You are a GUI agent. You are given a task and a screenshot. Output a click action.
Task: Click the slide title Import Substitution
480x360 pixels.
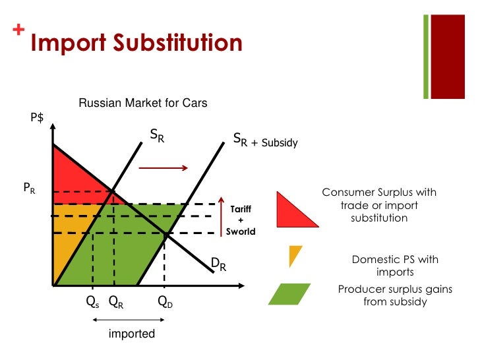pos(136,43)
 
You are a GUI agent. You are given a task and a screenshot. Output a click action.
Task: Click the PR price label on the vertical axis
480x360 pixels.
pos(30,188)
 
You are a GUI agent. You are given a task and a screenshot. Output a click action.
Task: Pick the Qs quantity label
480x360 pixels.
pos(92,303)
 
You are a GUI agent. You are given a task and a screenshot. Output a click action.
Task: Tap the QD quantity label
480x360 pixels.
pos(165,303)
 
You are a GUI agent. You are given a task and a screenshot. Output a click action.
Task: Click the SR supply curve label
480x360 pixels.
pos(157,136)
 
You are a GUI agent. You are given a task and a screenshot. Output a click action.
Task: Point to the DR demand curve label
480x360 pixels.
pos(218,265)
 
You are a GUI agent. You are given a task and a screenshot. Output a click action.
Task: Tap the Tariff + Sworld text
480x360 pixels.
pos(240,220)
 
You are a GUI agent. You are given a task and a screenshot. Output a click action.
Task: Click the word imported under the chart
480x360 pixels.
pos(132,334)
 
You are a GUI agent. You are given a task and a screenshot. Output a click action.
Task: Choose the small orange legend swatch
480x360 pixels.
pos(295,255)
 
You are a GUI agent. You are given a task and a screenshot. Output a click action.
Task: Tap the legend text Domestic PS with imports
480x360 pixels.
pos(395,266)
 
